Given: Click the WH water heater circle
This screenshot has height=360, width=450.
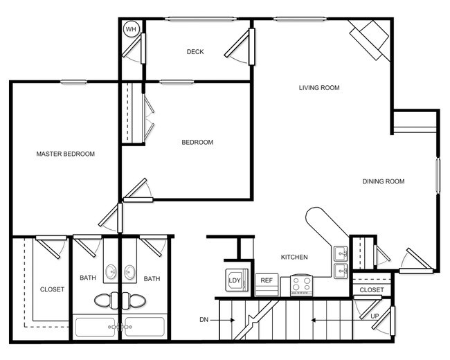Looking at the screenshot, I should coord(130,29).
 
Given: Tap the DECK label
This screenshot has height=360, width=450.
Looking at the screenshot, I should coord(195,52).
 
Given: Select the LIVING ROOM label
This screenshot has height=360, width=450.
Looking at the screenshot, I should coord(319,88).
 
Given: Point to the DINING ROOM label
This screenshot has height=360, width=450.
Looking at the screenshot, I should coord(383,182).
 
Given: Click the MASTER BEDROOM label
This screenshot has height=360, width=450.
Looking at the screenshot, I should coord(65,154).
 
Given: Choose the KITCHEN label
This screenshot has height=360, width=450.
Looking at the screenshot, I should coord(294,258).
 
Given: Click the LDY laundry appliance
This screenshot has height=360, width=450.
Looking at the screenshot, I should coord(233,280).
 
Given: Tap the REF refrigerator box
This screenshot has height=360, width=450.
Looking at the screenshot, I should coord(266,282).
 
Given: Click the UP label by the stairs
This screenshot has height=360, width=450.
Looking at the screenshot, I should coord(375,316).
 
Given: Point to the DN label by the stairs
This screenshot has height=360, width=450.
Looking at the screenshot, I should coord(204,320).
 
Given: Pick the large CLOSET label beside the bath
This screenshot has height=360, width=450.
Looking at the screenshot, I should coord(52,289).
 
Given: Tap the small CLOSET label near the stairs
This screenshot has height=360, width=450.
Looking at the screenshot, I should coord(372,290).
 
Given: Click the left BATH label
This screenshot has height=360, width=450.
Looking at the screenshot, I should coord(88,279).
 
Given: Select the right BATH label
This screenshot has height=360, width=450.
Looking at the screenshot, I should coord(152,279).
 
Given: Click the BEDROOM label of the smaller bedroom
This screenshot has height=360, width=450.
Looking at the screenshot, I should coord(197,143).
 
